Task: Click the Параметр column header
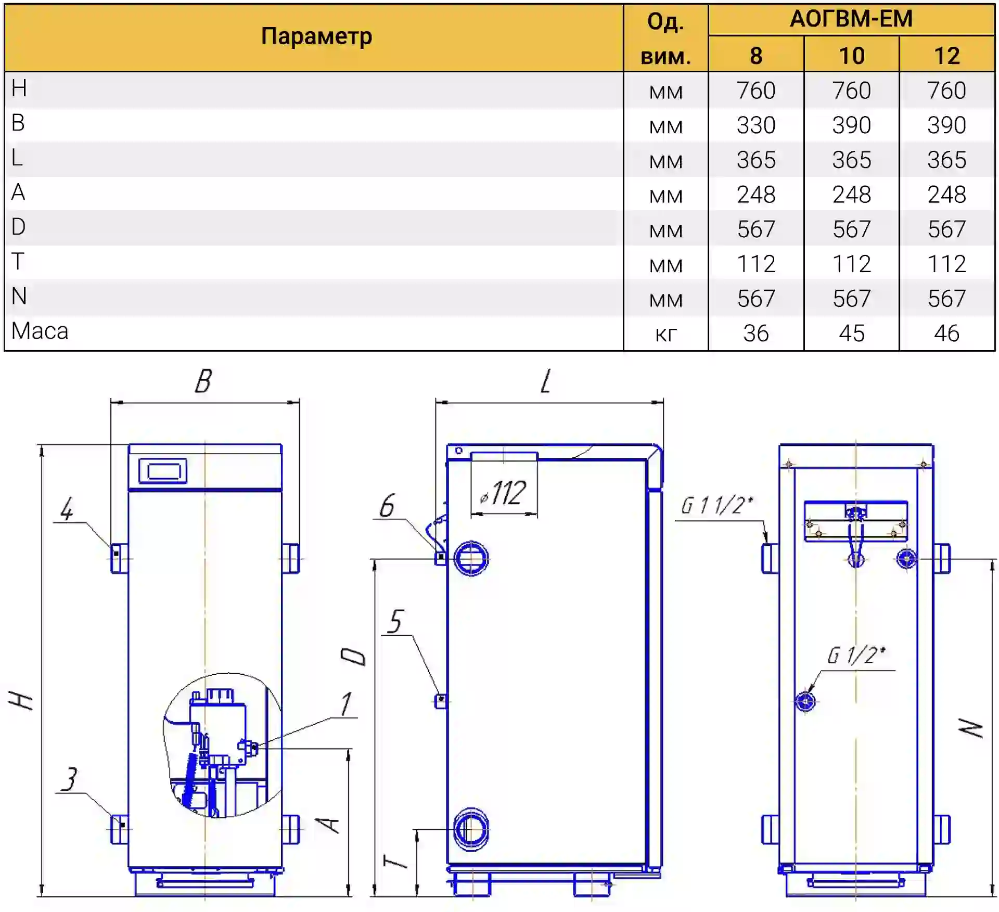[316, 36]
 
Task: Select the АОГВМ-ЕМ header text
[851, 19]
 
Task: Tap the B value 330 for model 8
[755, 125]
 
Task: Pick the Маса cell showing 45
[851, 333]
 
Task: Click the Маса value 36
[755, 333]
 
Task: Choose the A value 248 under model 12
[946, 195]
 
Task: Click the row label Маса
[40, 331]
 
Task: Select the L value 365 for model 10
[851, 160]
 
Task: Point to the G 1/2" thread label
[856, 656]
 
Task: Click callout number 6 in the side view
[387, 506]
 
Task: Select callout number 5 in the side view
[395, 622]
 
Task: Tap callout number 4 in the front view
[67, 509]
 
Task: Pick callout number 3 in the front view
[69, 779]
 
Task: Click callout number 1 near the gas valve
[346, 704]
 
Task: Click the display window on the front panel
[163, 471]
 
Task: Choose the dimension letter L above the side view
[545, 381]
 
